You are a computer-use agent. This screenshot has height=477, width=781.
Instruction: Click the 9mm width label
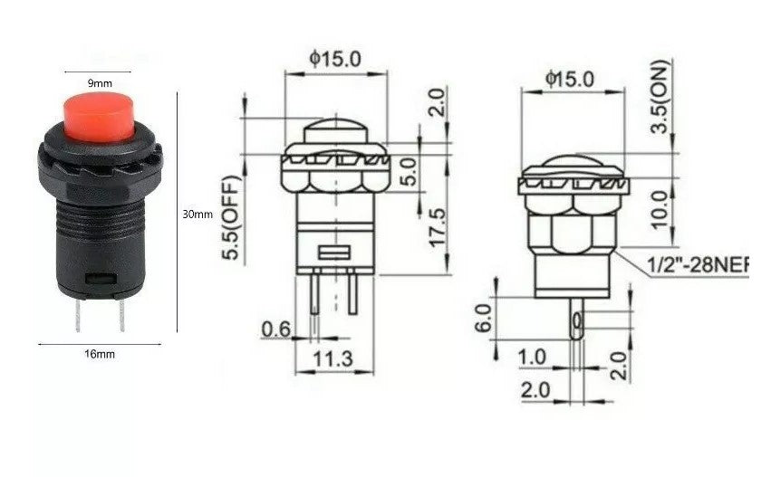coord(100,83)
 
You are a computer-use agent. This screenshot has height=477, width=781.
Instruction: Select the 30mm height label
coord(198,215)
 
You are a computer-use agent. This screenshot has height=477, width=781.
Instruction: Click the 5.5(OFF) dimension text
coord(232,221)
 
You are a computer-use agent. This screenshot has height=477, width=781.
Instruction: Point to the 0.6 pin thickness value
coord(275,329)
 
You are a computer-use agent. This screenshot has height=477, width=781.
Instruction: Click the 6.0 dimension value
coord(482,318)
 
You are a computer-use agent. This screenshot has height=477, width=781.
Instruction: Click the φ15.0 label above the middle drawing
coord(335,59)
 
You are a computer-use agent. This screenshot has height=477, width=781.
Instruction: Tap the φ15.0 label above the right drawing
coord(570,79)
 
